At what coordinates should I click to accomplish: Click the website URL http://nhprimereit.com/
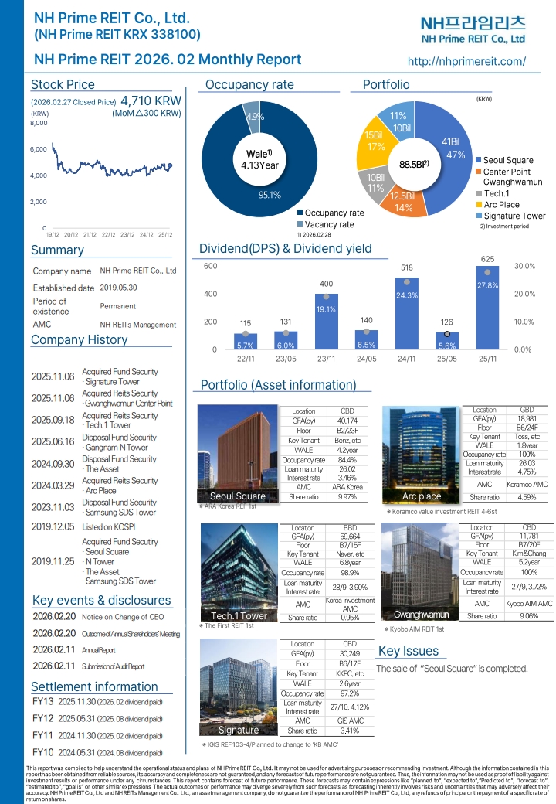coord(466,61)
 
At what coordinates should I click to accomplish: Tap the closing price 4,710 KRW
coord(151,101)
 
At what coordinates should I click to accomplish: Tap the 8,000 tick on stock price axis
coord(39,123)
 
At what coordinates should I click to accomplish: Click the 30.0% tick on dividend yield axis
coord(525,267)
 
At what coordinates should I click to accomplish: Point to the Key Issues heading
coord(409,651)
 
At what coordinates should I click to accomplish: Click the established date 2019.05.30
coord(118,288)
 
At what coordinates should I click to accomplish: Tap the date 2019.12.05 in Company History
coord(53,525)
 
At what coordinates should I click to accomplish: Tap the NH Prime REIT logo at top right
coord(473,29)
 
